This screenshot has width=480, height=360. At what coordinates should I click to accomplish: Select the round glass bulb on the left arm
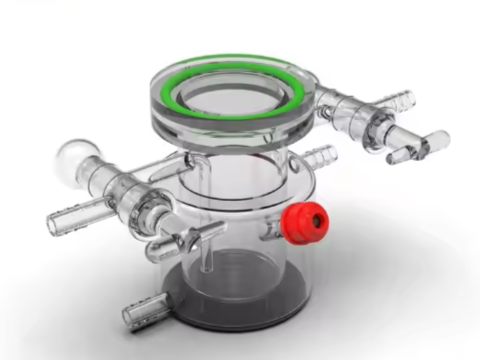coord(75,157)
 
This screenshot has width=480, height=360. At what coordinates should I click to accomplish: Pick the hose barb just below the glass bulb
coord(70,213)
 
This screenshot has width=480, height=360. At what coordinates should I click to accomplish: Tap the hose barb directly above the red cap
coord(318,157)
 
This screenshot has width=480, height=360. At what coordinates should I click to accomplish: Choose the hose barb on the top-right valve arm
coord(395,98)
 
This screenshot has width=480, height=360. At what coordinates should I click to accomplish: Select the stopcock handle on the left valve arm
coord(186,240)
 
